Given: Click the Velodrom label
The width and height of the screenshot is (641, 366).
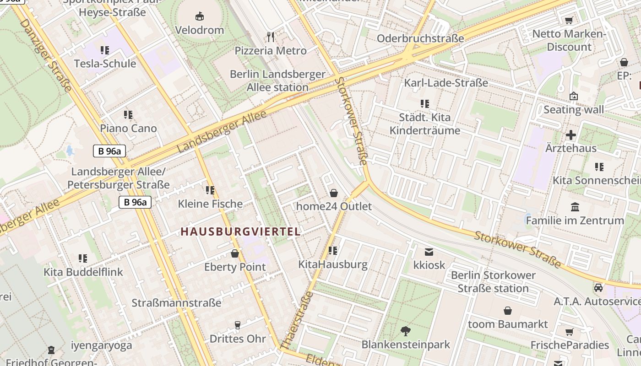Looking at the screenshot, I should pyautogui.click(x=200, y=30).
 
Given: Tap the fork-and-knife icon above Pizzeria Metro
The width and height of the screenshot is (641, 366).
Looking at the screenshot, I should pyautogui.click(x=271, y=37).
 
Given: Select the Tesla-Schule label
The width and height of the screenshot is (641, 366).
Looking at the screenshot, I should pyautogui.click(x=105, y=64).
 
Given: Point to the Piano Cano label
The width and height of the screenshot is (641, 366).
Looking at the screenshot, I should pyautogui.click(x=128, y=129).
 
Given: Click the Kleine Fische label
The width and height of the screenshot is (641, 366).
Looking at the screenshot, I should pyautogui.click(x=210, y=204).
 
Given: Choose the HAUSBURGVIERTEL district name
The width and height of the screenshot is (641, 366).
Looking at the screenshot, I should pyautogui.click(x=240, y=231).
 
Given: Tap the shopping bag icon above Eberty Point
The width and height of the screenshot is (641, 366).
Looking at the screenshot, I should pyautogui.click(x=235, y=253).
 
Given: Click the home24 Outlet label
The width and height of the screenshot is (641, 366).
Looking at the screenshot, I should pyautogui.click(x=334, y=206).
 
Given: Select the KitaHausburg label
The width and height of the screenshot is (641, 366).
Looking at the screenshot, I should pyautogui.click(x=333, y=264).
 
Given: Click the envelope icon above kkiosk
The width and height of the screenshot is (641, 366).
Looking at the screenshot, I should pyautogui.click(x=429, y=252).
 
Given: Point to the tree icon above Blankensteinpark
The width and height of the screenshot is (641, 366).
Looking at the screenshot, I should pyautogui.click(x=406, y=331).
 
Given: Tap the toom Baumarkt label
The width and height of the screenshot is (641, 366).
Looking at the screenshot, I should pyautogui.click(x=508, y=324).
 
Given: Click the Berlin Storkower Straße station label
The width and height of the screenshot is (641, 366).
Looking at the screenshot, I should pyautogui.click(x=493, y=282).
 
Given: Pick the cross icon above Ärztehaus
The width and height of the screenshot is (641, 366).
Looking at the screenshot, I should pyautogui.click(x=570, y=135).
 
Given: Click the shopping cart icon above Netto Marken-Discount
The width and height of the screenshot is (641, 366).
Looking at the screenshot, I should pyautogui.click(x=569, y=20).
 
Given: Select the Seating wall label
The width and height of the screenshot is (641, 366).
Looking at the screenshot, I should pyautogui.click(x=573, y=110).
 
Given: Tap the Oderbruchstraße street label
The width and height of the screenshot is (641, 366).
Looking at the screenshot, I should pyautogui.click(x=420, y=38).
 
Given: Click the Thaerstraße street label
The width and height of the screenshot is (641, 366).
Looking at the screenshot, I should pyautogui.click(x=297, y=320).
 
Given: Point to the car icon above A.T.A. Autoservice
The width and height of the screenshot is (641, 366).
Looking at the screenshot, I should pyautogui.click(x=598, y=288).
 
